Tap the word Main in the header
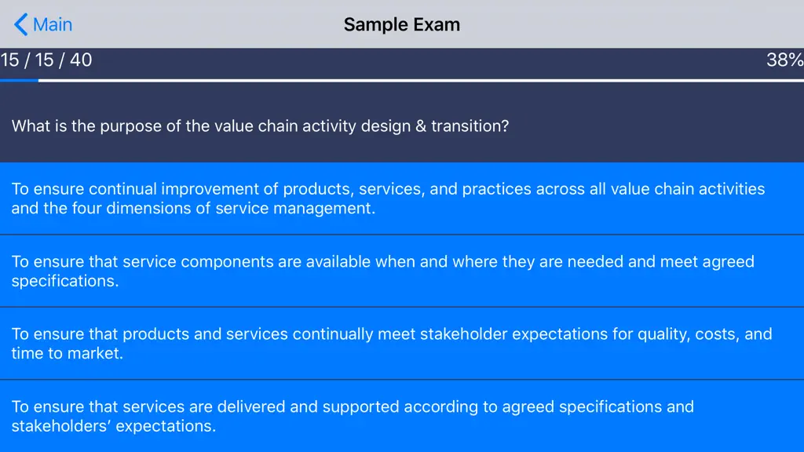coord(53,24)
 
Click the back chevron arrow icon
coord(20,24)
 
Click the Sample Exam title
coord(401,24)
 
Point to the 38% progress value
coord(785,60)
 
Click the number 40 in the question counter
coord(81,60)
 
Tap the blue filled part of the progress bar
coord(19,81)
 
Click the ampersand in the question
coord(421,126)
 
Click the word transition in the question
coord(470,126)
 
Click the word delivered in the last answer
coord(251,407)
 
